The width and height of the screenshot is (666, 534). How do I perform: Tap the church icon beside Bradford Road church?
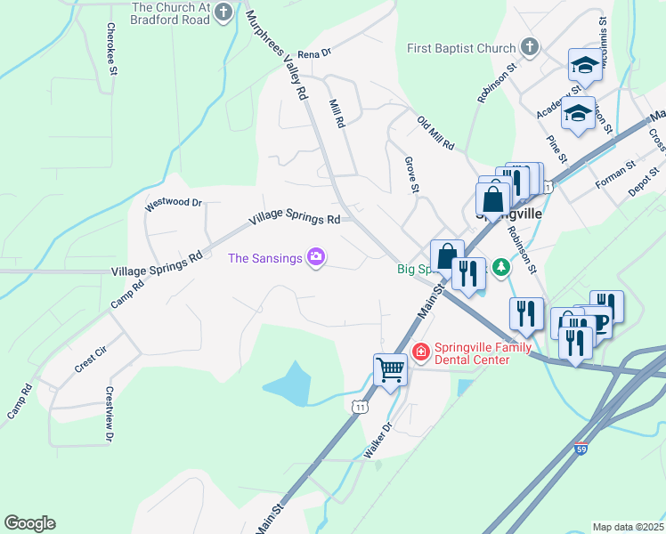point(224,13)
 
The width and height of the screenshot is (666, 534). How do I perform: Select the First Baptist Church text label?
point(461,48)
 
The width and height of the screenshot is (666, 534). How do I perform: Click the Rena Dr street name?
point(314,53)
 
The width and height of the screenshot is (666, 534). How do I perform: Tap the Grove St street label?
point(411,175)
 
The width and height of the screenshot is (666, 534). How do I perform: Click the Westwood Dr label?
point(175,203)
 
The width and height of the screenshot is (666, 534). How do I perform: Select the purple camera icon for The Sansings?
point(315,258)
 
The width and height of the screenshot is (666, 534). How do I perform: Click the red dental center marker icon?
point(420,353)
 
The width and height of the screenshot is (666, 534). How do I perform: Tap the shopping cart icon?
point(390,368)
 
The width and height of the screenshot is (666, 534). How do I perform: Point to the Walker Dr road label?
point(378,441)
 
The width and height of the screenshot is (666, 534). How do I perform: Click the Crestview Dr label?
point(110,414)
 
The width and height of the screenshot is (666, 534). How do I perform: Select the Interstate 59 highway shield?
point(581,449)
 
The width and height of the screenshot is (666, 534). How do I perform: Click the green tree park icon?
point(501,267)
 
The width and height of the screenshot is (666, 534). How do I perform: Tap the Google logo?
point(29,523)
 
